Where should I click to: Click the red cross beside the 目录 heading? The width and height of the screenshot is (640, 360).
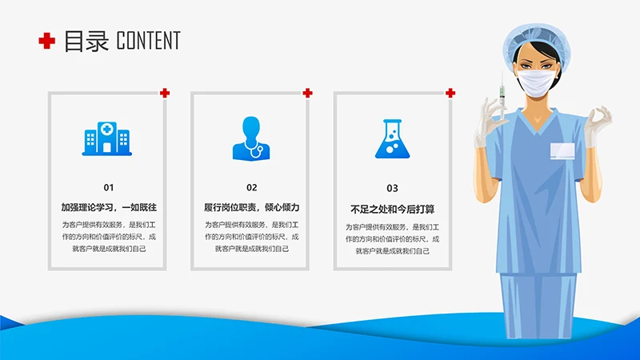click(47, 41)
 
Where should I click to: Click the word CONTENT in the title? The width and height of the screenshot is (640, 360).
click(148, 41)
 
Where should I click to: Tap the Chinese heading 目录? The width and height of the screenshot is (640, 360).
click(86, 41)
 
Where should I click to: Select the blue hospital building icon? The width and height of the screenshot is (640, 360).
click(106, 138)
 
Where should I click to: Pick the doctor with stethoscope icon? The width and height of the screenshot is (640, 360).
click(250, 138)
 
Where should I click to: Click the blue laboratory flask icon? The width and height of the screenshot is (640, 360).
click(391, 138)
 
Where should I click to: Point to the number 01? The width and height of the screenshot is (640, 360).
click(109, 187)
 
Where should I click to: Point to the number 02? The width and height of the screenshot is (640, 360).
click(251, 188)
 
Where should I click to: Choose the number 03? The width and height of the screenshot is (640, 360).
click(392, 189)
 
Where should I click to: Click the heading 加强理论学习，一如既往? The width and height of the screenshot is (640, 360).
click(109, 207)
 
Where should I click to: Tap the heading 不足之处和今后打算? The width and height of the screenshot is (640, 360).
click(393, 210)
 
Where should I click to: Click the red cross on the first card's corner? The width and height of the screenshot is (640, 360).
click(165, 93)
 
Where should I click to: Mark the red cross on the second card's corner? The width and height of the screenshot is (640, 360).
click(307, 93)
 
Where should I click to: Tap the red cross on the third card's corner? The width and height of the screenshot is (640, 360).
click(450, 93)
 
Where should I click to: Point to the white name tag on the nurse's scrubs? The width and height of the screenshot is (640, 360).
click(563, 150)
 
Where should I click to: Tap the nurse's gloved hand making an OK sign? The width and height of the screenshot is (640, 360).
click(596, 124)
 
